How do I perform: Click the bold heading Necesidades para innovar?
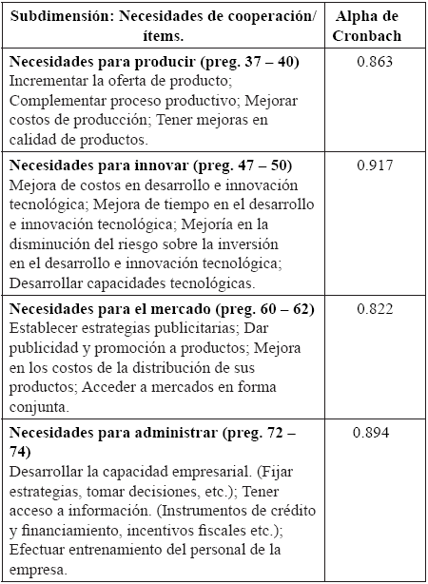(x=97, y=165)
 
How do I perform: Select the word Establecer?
(x=41, y=328)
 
